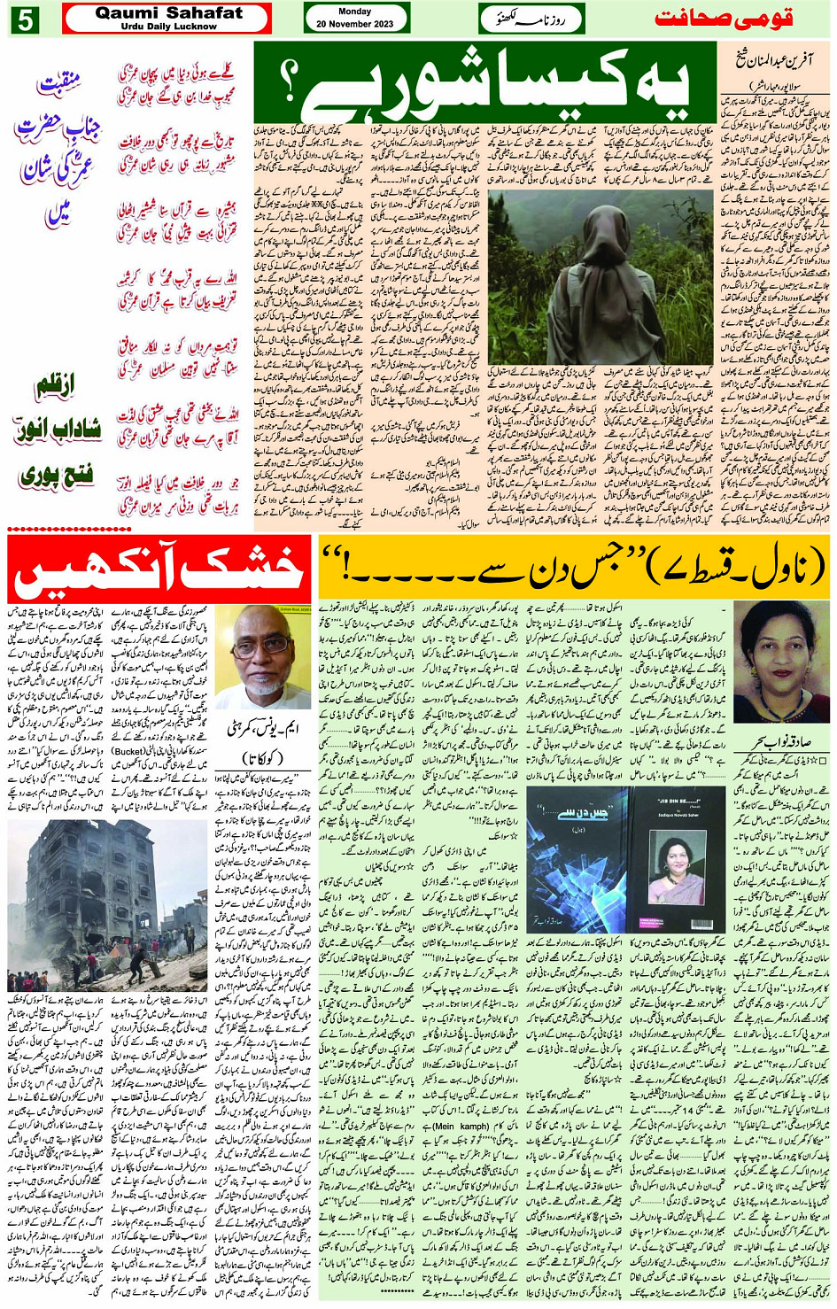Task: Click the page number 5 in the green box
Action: (x=23, y=19)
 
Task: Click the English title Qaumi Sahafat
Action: (x=168, y=13)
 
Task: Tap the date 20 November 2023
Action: (x=355, y=24)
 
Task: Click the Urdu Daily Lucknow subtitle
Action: (x=168, y=27)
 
